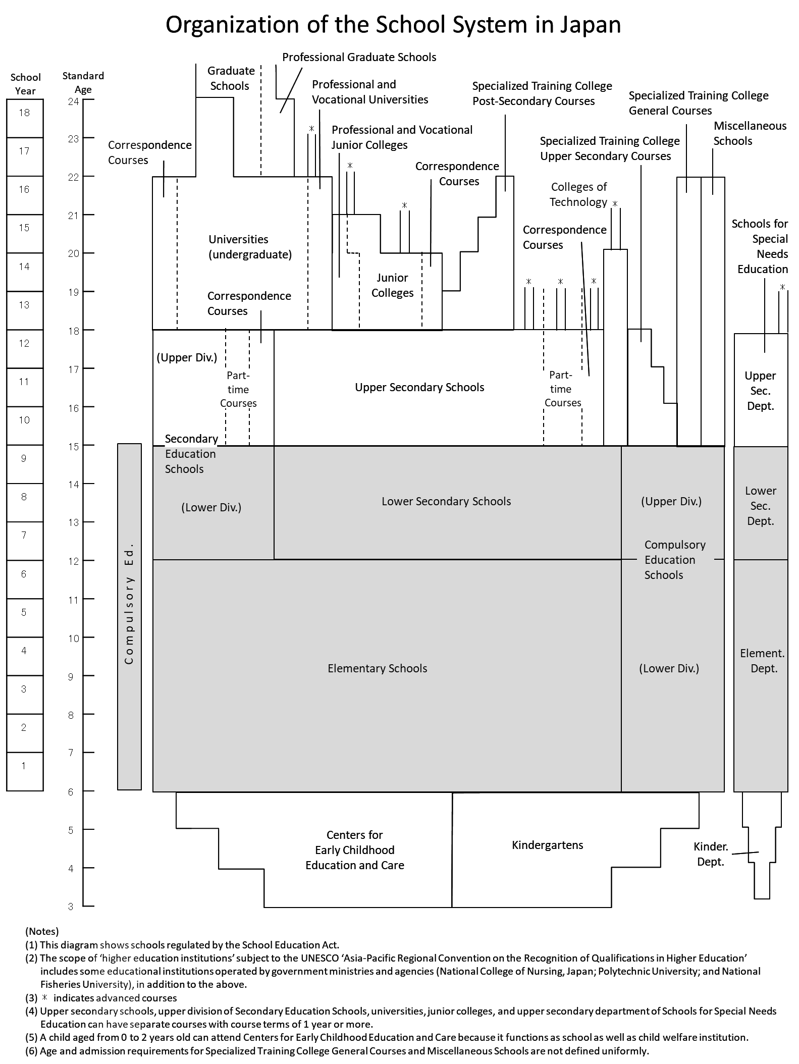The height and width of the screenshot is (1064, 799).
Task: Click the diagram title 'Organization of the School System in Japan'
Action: (393, 25)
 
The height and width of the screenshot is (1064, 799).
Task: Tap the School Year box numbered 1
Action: (24, 771)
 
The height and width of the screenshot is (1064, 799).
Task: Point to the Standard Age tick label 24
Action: (74, 101)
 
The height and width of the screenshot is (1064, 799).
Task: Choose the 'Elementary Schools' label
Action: (377, 668)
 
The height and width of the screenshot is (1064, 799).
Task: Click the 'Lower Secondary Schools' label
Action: (446, 501)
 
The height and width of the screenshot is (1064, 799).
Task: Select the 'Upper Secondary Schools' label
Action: (419, 387)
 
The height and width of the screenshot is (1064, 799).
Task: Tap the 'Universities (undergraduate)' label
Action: (250, 247)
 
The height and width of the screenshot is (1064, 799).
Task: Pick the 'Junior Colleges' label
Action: (392, 285)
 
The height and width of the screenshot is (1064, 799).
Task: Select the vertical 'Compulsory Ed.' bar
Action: (129, 616)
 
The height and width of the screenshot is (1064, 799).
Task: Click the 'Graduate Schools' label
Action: (230, 78)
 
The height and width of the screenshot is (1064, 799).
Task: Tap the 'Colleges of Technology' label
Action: (578, 194)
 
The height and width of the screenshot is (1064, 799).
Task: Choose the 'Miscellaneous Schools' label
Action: (750, 133)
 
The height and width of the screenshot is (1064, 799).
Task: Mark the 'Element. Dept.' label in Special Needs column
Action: (762, 661)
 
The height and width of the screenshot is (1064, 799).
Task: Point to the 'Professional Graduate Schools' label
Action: (359, 57)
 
